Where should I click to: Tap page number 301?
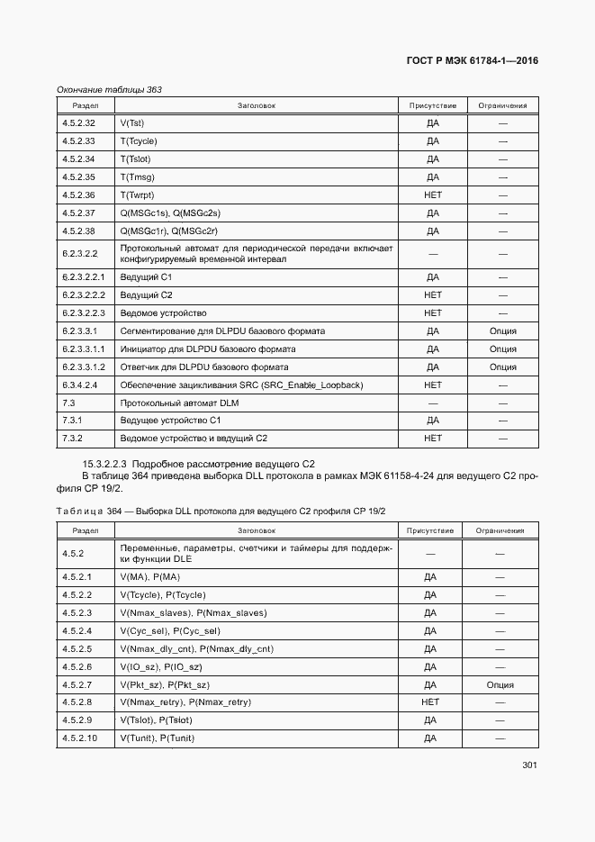tap(529, 766)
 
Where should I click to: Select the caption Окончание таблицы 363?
tap(109, 90)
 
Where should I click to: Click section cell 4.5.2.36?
tap(79, 195)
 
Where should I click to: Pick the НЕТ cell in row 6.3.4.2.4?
tap(433, 385)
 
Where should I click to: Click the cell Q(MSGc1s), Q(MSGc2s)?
tap(170, 213)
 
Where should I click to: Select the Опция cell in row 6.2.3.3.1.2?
tap(502, 367)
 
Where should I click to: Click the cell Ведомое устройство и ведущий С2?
tap(194, 439)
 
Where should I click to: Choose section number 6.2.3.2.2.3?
tap(85, 313)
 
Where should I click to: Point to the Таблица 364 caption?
tap(221, 512)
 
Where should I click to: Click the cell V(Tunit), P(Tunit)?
tap(157, 738)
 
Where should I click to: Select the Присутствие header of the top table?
tap(433, 106)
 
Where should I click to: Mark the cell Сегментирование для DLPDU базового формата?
tap(222, 331)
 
